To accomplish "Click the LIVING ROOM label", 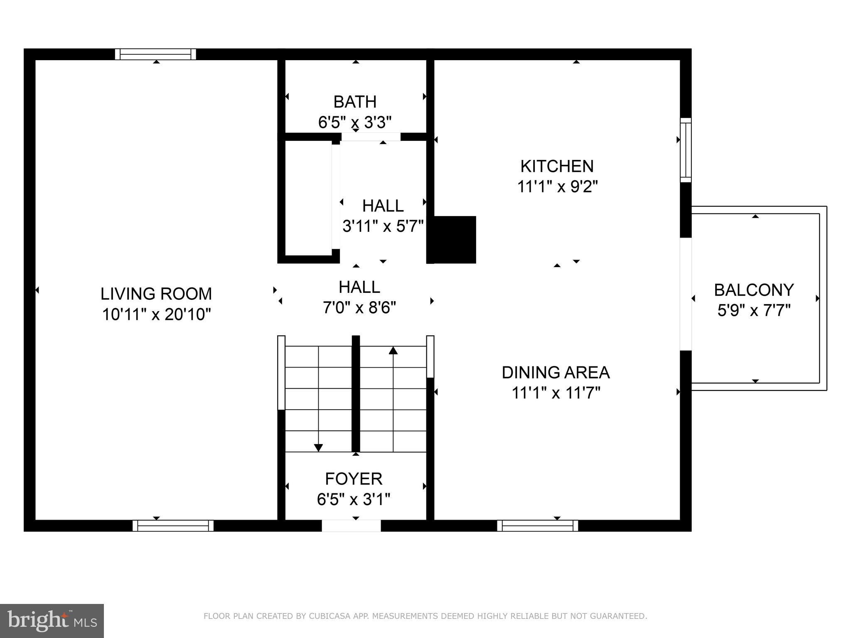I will click(156, 294).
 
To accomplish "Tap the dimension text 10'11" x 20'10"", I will click(156, 314).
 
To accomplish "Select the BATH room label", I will click(355, 102).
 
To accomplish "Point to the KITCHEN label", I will click(557, 166).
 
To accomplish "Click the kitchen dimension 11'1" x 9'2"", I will click(557, 187).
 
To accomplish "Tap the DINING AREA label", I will click(556, 372).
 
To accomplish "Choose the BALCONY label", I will click(754, 290).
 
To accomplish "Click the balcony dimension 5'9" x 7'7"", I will click(754, 310).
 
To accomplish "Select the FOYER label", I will click(354, 478).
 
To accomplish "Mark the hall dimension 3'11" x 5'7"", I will click(383, 226).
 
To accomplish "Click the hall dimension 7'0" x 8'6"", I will click(359, 308).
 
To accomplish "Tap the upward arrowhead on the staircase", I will click(393, 351).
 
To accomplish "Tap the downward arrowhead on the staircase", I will click(318, 447).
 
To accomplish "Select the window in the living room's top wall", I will click(155, 54).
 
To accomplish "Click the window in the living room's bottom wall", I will click(173, 526).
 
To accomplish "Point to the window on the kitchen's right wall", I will click(686, 150).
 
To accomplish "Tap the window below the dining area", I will click(538, 526).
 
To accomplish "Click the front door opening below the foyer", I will click(351, 526).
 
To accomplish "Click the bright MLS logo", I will click(52, 621).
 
